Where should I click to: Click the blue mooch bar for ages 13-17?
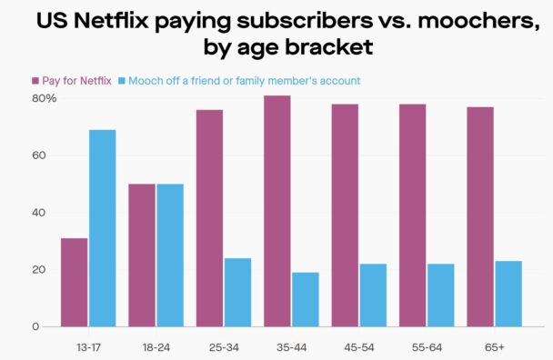[x=102, y=228]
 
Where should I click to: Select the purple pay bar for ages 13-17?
[x=75, y=282]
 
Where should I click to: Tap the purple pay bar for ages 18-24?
[x=142, y=255]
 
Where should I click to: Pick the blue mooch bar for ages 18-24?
[x=170, y=255]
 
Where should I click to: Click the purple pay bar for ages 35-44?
[x=277, y=211]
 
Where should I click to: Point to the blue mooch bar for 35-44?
[x=305, y=299]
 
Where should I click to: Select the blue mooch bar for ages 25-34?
[x=237, y=292]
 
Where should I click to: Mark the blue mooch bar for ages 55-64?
[x=440, y=295]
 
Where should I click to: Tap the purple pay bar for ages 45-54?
[x=345, y=215]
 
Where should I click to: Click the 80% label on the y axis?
[x=44, y=98]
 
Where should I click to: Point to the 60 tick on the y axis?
[x=40, y=155]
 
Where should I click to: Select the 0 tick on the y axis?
[x=36, y=326]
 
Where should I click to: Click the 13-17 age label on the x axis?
[x=88, y=346]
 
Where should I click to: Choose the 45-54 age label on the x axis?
[x=358, y=346]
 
